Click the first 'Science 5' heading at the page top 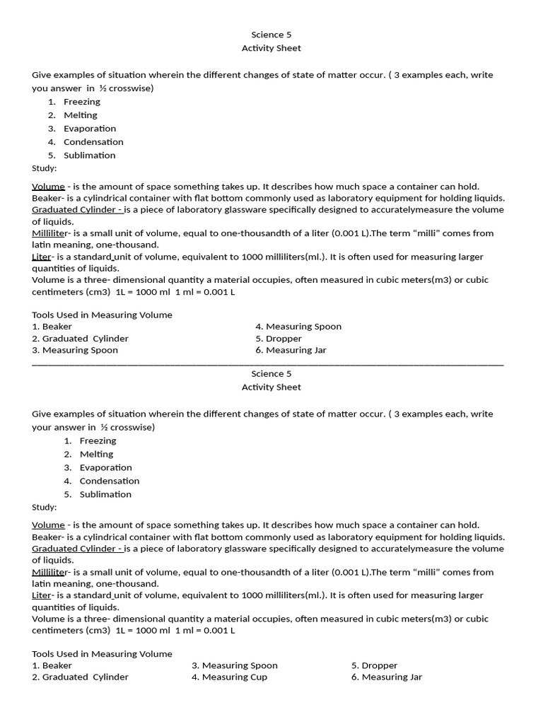click(x=271, y=35)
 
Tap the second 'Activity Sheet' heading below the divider click(x=271, y=387)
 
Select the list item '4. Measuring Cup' click(x=229, y=677)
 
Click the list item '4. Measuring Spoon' click(x=298, y=326)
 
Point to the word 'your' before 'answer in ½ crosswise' click(x=42, y=427)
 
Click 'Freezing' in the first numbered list click(x=82, y=101)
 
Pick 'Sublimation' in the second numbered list click(x=105, y=494)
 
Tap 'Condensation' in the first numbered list click(x=93, y=141)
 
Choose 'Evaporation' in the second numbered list click(x=105, y=467)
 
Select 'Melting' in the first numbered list click(x=81, y=115)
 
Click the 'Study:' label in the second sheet click(x=45, y=507)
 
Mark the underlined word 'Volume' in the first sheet click(x=48, y=186)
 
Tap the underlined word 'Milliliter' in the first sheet click(x=50, y=233)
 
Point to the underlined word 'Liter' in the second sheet click(x=42, y=595)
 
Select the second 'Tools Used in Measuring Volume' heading click(x=102, y=653)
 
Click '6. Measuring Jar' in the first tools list click(x=291, y=349)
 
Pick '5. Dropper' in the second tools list click(x=374, y=665)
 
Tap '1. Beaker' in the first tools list click(x=52, y=326)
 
